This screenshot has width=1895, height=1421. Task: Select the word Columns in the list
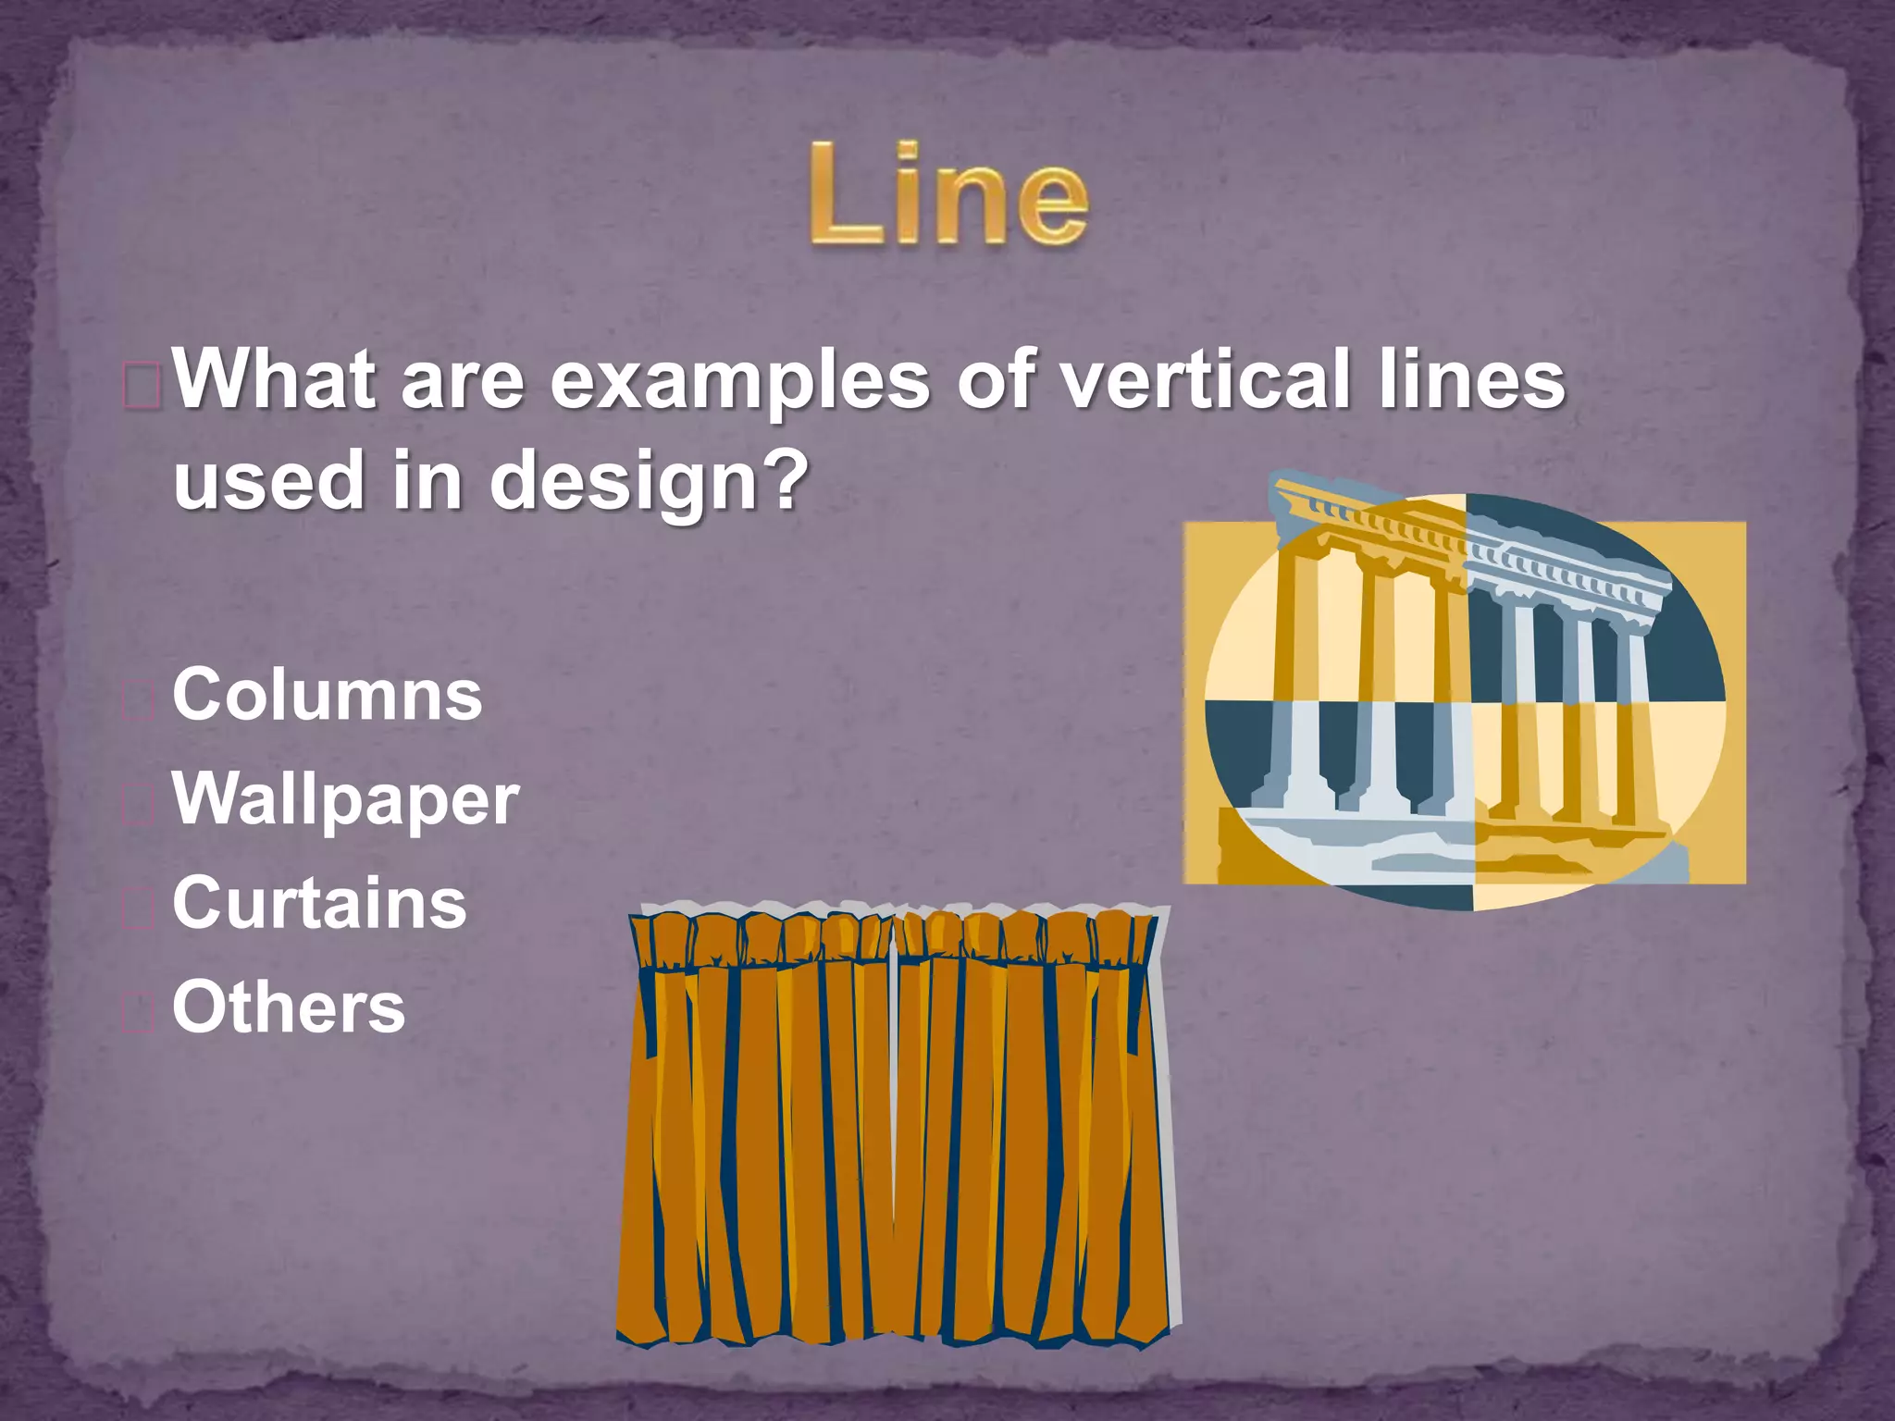[x=328, y=695]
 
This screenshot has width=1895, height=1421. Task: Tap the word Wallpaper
[x=346, y=800]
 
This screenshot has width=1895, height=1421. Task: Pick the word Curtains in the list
[x=319, y=904]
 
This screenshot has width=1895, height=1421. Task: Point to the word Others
[x=289, y=1008]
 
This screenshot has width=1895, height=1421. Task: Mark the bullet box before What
[x=142, y=386]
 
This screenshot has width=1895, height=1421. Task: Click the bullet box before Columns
[x=139, y=701]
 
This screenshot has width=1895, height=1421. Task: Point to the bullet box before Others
[x=139, y=1013]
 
